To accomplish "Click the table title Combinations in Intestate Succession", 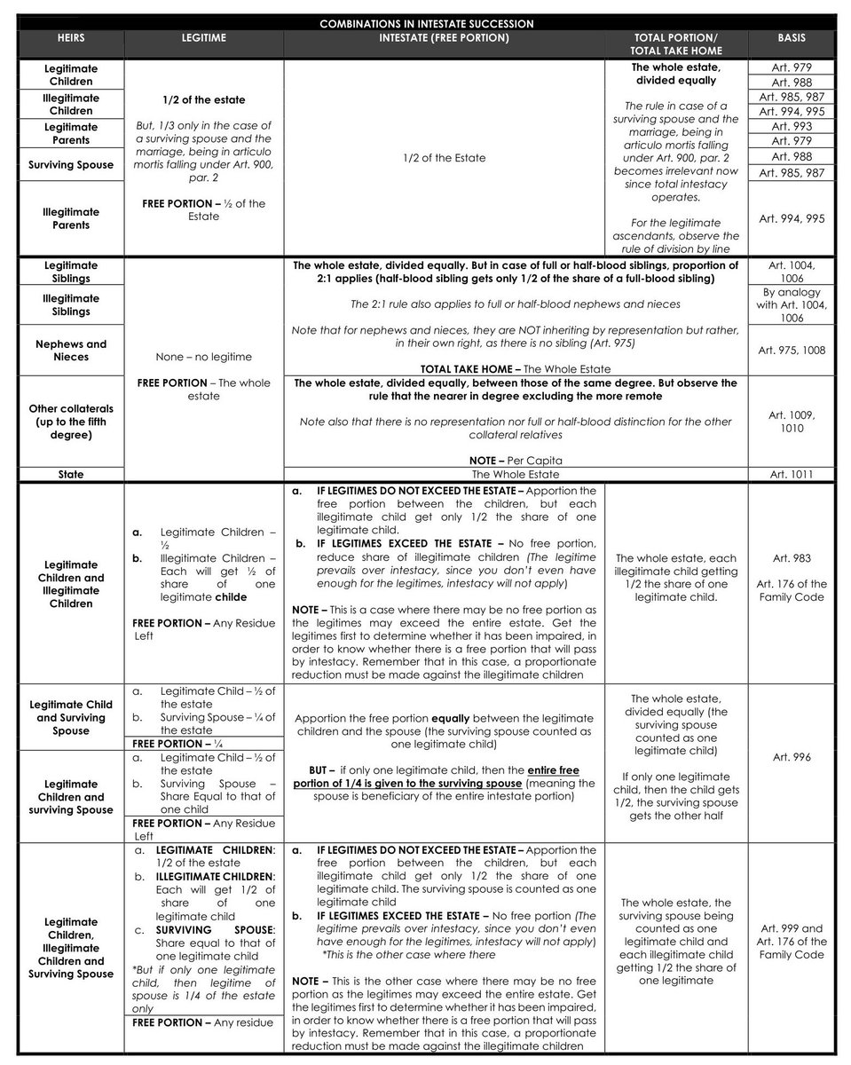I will [426, 24].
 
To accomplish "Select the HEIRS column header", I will [71, 39].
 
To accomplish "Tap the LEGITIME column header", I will [203, 39].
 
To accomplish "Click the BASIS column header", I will [792, 39].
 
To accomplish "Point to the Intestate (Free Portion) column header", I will [444, 39].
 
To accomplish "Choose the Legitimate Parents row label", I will [71, 134].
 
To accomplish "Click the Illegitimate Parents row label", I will [71, 218].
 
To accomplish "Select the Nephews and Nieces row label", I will [71, 351].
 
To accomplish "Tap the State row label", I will [71, 475].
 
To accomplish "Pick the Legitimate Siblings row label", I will [71, 272].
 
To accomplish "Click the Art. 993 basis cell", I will [792, 127].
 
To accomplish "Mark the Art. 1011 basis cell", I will [792, 475].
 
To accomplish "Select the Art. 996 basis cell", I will [792, 758].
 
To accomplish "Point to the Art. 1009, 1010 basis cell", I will [792, 422].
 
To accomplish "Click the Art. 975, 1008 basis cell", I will [792, 351].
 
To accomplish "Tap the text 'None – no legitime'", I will [203, 357].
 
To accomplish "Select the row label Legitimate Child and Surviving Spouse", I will [71, 717].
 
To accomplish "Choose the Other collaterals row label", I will [71, 422].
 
